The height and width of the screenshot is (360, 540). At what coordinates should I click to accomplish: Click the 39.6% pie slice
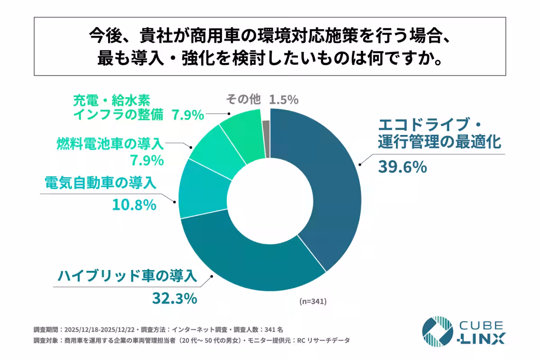[324, 189]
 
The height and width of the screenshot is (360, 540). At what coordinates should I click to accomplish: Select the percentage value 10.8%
[134, 205]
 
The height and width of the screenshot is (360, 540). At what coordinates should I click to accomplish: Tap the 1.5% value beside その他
[283, 100]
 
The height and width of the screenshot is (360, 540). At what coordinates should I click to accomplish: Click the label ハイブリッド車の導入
[127, 275]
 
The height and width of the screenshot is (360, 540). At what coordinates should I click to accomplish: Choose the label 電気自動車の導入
[100, 183]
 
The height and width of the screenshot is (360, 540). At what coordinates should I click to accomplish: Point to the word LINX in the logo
[482, 338]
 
